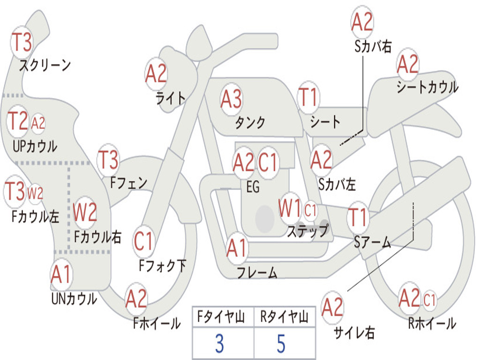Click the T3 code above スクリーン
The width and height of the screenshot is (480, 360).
pyautogui.click(x=22, y=43)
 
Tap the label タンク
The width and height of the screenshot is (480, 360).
pyautogui.click(x=250, y=123)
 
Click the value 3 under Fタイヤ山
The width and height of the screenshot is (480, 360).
pyautogui.click(x=219, y=344)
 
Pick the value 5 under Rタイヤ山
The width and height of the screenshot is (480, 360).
pyautogui.click(x=281, y=344)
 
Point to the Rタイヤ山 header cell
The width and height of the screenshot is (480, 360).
pyautogui.click(x=284, y=318)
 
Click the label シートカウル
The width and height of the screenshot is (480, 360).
pyautogui.click(x=427, y=87)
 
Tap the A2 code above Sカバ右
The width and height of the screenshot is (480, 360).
pyautogui.click(x=362, y=22)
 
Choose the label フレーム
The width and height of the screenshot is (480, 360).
pyautogui.click(x=257, y=273)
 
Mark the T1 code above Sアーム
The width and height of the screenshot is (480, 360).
pyautogui.click(x=358, y=218)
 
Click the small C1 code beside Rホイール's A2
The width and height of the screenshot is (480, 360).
pyautogui.click(x=429, y=300)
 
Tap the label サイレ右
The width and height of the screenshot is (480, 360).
pyautogui.click(x=354, y=333)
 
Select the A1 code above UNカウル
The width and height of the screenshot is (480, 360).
pyautogui.click(x=61, y=275)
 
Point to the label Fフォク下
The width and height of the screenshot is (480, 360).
pyautogui.click(x=162, y=266)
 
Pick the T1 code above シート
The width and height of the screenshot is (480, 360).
pyautogui.click(x=308, y=98)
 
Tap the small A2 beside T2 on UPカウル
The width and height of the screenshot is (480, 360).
pyautogui.click(x=38, y=123)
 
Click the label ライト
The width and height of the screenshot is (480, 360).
pyautogui.click(x=171, y=97)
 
